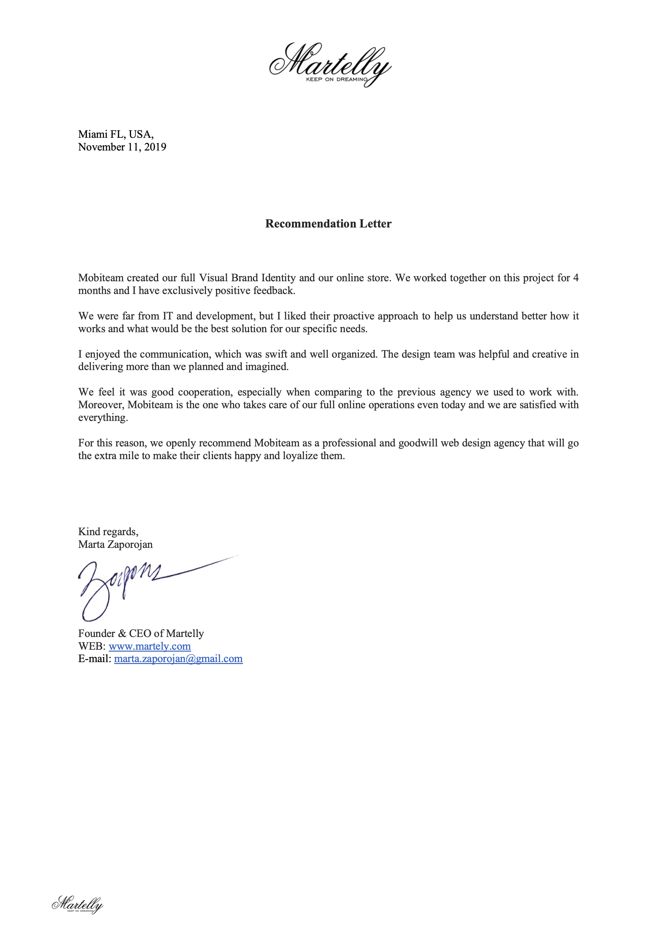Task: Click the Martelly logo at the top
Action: pyautogui.click(x=330, y=65)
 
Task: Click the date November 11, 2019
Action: pyautogui.click(x=122, y=147)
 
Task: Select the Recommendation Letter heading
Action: pyautogui.click(x=328, y=224)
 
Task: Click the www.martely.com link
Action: pyautogui.click(x=150, y=646)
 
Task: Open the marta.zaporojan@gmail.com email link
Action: pyautogui.click(x=178, y=659)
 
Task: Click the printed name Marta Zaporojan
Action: pyautogui.click(x=115, y=544)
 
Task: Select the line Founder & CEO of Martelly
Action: pyautogui.click(x=141, y=633)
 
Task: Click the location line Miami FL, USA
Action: pyautogui.click(x=116, y=134)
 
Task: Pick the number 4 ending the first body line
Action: pyautogui.click(x=576, y=278)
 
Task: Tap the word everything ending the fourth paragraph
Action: pyautogui.click(x=102, y=418)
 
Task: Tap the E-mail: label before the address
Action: pyautogui.click(x=95, y=659)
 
